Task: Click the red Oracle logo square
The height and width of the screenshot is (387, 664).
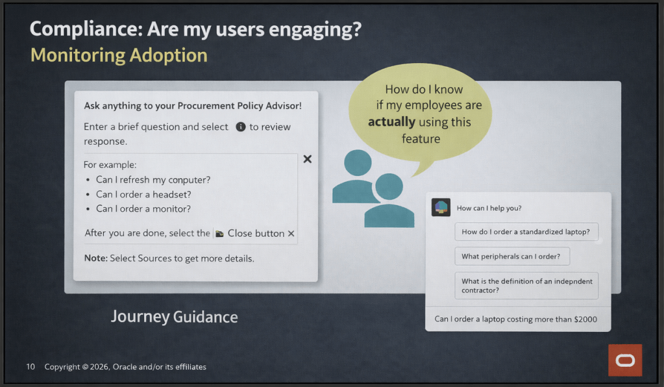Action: pyautogui.click(x=625, y=360)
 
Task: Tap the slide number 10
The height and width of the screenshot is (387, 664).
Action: pyautogui.click(x=31, y=367)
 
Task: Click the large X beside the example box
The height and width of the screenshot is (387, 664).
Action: pyautogui.click(x=308, y=159)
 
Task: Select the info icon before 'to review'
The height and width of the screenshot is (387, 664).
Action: pyautogui.click(x=241, y=127)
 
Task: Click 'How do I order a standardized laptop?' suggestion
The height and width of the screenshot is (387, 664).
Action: pyautogui.click(x=526, y=232)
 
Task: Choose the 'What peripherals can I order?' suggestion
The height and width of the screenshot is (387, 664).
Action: pyautogui.click(x=512, y=256)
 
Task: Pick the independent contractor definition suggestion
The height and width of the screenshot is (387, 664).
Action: pyautogui.click(x=526, y=286)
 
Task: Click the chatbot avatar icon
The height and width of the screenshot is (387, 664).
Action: pyautogui.click(x=441, y=208)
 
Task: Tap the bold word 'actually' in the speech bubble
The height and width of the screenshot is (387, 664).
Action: pyautogui.click(x=391, y=122)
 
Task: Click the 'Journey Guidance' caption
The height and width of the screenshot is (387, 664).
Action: pyautogui.click(x=175, y=317)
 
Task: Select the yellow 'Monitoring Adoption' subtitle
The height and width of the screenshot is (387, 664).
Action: pyautogui.click(x=119, y=55)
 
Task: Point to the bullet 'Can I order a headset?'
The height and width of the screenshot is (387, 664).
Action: pyautogui.click(x=143, y=194)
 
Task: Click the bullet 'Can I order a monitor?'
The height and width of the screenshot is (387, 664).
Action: pyautogui.click(x=143, y=208)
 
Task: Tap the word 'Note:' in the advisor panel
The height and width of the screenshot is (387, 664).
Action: pyautogui.click(x=95, y=258)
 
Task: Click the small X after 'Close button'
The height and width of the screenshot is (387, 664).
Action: pyautogui.click(x=291, y=233)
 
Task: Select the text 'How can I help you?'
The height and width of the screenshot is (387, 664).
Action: pyautogui.click(x=489, y=208)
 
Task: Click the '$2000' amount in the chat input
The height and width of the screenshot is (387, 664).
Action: pyautogui.click(x=585, y=319)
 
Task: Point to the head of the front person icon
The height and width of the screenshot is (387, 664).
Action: pyautogui.click(x=389, y=186)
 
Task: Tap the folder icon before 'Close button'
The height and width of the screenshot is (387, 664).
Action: pyautogui.click(x=219, y=234)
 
